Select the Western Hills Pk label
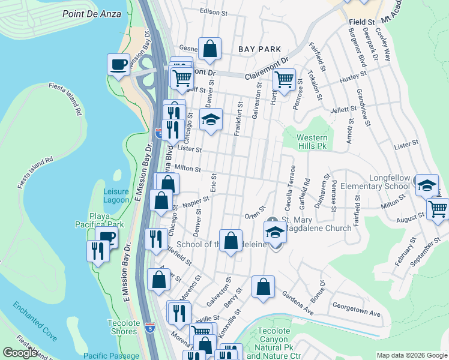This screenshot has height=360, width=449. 312,142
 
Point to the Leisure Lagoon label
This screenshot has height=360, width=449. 116,196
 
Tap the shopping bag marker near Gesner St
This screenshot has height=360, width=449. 210,50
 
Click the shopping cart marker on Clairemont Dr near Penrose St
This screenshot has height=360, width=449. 284,79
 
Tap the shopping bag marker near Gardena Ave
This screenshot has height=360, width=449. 263,287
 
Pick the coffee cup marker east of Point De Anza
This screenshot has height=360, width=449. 118,64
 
